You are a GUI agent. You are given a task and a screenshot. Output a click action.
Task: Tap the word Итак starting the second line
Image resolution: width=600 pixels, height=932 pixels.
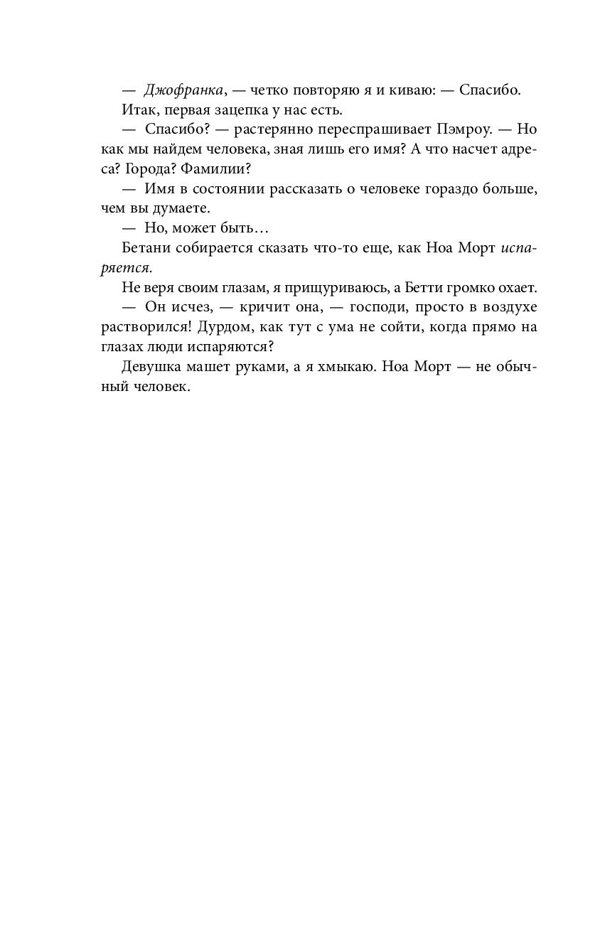click(x=136, y=110)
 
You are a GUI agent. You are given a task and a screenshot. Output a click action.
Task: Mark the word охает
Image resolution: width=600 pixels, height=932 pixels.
click(x=518, y=288)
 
